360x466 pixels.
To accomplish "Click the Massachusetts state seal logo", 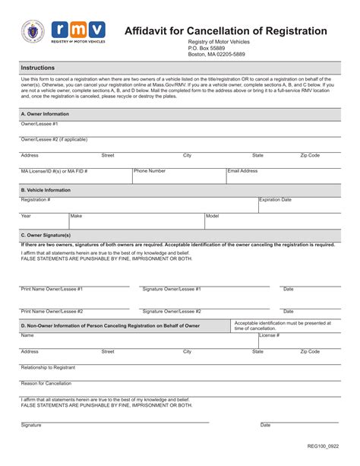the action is pyautogui.click(x=33, y=33).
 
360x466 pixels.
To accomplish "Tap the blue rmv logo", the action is pyautogui.click(x=78, y=31).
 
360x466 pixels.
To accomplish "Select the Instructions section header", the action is pyautogui.click(x=38, y=68).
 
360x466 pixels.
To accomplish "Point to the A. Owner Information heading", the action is pyautogui.click(x=45, y=113).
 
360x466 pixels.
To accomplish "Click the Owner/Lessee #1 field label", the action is pyautogui.click(x=39, y=123).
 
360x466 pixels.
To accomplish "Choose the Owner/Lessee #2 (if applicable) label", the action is pyautogui.click(x=54, y=139).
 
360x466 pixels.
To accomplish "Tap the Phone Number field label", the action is pyautogui.click(x=150, y=171).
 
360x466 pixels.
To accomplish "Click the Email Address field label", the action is pyautogui.click(x=243, y=171).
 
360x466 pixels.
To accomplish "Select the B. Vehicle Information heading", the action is pyautogui.click(x=46, y=189).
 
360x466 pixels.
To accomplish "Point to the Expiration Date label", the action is pyautogui.click(x=275, y=199).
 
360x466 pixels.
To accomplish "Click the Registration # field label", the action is pyautogui.click(x=36, y=199).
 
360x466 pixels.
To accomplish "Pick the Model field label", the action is pyautogui.click(x=213, y=216).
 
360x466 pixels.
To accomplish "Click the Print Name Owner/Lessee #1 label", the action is pyautogui.click(x=52, y=289).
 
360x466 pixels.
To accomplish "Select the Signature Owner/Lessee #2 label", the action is pyautogui.click(x=172, y=311).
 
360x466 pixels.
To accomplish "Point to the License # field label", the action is pyautogui.click(x=270, y=335).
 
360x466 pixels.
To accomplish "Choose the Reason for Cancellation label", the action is pyautogui.click(x=46, y=383).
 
